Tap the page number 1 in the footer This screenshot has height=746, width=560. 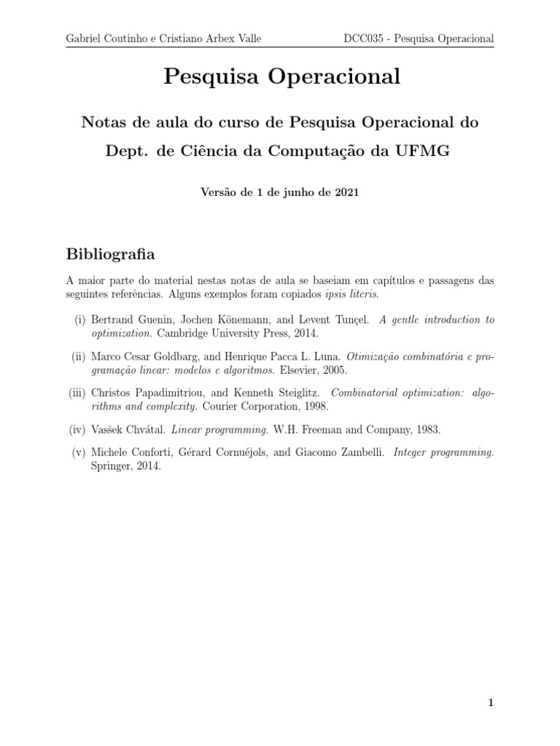click(491, 703)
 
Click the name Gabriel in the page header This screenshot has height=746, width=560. click(86, 39)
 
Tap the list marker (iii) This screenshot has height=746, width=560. click(77, 393)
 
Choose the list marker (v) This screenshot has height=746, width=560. click(79, 452)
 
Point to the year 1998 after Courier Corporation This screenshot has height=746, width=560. click(315, 406)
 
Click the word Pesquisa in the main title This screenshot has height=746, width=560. click(211, 77)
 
